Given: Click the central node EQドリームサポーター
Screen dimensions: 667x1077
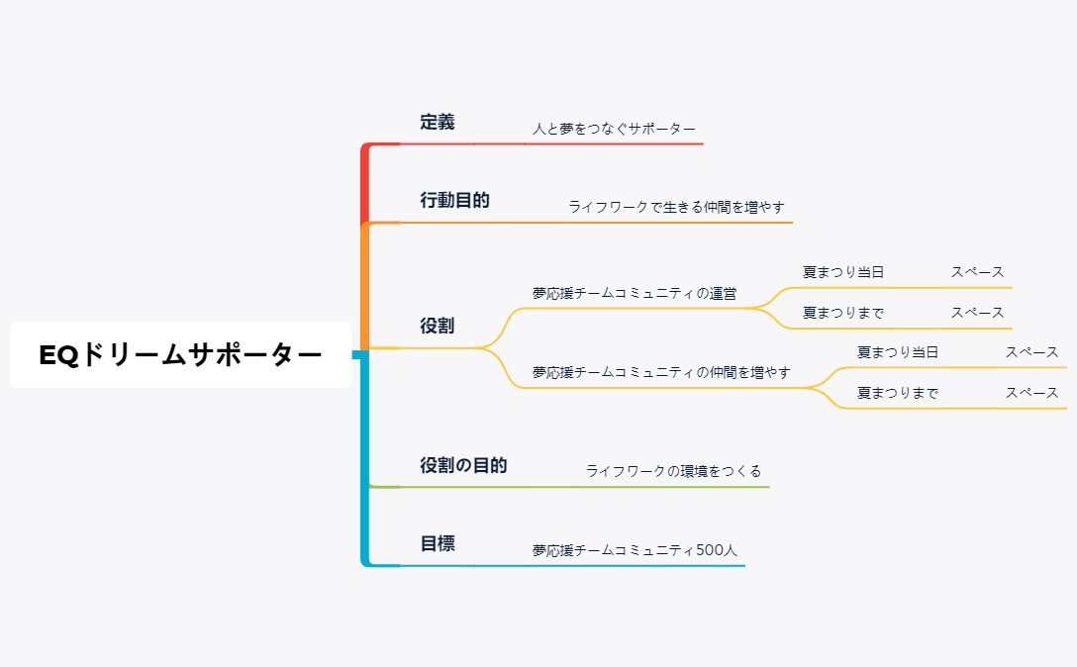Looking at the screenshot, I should click(x=180, y=355).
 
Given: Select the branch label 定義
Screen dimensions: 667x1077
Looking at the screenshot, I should click(x=438, y=123).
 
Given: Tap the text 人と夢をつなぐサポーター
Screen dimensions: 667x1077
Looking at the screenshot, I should click(x=614, y=129).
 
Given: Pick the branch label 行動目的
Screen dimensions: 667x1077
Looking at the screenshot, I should click(x=454, y=200).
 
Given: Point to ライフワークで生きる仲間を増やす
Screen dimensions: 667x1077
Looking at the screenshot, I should click(x=676, y=207).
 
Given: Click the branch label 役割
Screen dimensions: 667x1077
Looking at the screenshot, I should click(x=438, y=326).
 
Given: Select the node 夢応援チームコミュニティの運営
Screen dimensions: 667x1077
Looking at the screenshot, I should click(x=635, y=293).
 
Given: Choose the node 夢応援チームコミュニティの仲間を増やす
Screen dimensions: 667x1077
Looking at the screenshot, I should click(x=661, y=372).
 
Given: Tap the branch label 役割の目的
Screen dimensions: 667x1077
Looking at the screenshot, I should click(x=463, y=465).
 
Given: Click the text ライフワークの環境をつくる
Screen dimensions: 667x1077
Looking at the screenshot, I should click(x=673, y=471).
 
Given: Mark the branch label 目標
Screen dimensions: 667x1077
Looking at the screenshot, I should click(x=438, y=543).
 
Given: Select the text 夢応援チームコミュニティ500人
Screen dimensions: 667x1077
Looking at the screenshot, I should click(x=635, y=550).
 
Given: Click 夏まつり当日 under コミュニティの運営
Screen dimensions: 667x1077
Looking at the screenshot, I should click(x=843, y=272).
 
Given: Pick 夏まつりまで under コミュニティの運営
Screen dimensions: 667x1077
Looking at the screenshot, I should click(x=843, y=313).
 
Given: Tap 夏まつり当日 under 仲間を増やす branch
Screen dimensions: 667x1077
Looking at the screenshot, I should click(x=898, y=352).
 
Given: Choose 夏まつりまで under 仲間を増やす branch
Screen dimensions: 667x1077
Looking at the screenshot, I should click(x=898, y=393).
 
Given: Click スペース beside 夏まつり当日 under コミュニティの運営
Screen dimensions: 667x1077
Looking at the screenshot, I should click(x=977, y=272).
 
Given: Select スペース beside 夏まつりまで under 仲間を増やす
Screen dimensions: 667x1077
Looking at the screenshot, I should click(x=1031, y=393).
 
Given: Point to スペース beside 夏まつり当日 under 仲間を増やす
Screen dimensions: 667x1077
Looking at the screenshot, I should click(x=1031, y=352).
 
